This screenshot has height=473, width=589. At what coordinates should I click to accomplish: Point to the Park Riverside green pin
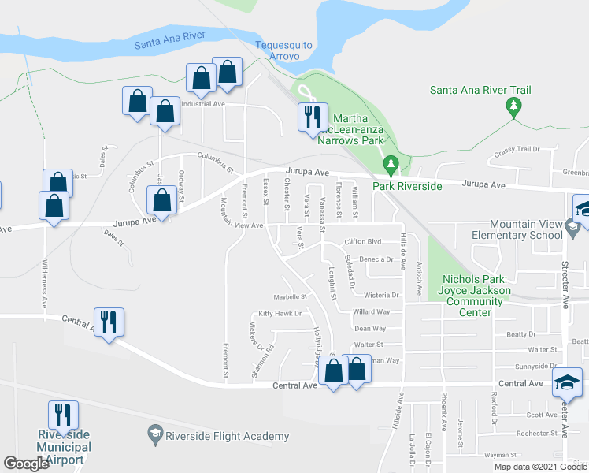391,164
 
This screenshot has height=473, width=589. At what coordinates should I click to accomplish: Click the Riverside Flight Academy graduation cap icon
154,434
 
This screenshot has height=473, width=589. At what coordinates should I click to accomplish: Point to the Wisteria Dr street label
381,296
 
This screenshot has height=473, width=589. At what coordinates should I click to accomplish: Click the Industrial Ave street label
203,104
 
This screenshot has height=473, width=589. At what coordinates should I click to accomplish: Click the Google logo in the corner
27,464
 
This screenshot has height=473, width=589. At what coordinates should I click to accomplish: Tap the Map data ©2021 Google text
539,467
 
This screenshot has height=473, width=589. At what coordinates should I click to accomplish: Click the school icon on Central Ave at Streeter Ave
567,382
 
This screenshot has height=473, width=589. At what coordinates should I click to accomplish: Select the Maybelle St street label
288,297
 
